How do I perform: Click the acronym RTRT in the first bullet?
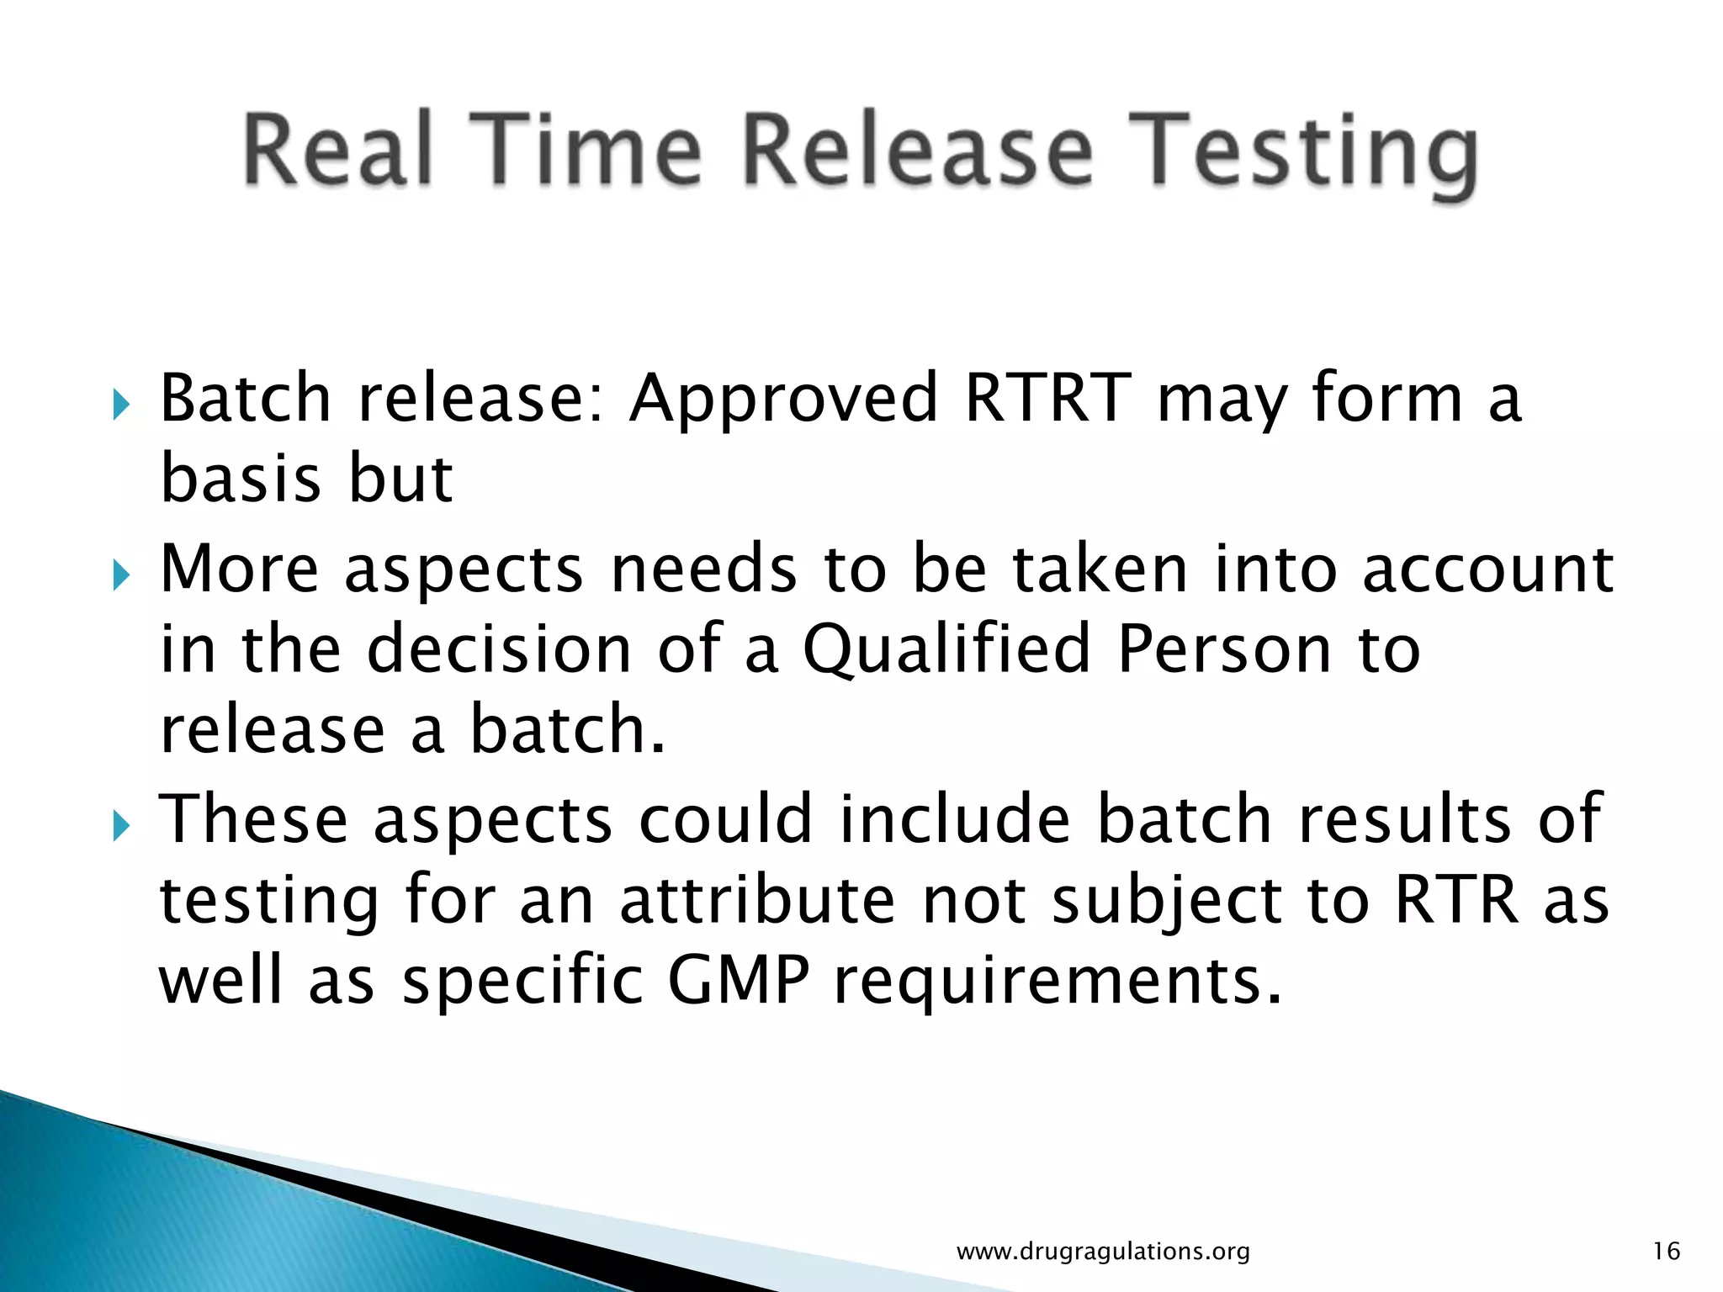click(1048, 397)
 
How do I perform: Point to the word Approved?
click(783, 399)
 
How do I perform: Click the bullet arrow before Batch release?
click(121, 405)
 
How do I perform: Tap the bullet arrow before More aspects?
click(121, 576)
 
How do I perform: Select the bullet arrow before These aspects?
click(121, 827)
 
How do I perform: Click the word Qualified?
click(946, 649)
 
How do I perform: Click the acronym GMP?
click(739, 981)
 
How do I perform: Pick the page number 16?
click(1666, 1251)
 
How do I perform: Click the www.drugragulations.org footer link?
click(1103, 1252)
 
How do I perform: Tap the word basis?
click(241, 478)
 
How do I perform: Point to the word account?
click(1487, 569)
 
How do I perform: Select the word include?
click(955, 818)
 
